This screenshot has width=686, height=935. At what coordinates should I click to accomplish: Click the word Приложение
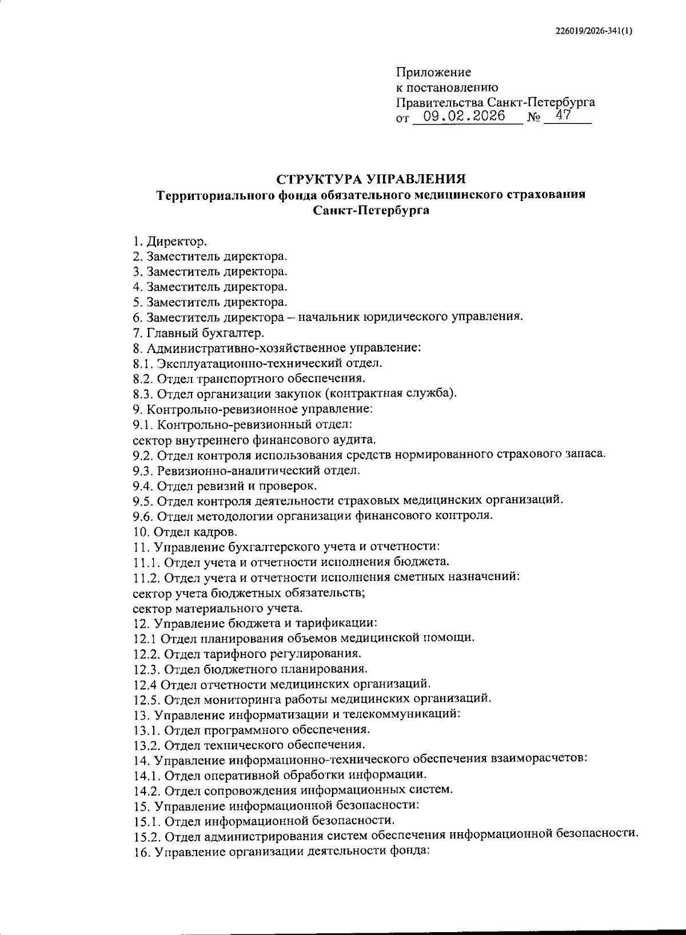coord(433,73)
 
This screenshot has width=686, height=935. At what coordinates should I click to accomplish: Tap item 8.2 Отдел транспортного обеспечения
coord(249,378)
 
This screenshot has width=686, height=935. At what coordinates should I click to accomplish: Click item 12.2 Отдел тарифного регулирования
coord(247,653)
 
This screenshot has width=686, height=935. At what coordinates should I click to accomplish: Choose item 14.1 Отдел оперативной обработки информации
coord(280,775)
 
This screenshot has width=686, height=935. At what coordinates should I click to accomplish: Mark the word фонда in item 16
coord(409,851)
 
